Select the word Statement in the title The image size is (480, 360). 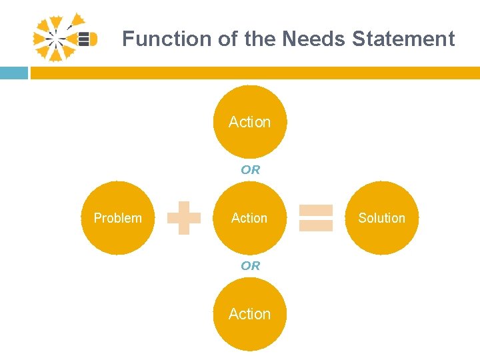[403, 39]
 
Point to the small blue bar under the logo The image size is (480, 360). [13, 73]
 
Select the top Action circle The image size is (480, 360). [250, 122]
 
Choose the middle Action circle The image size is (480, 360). [250, 218]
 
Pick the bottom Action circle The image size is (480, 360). [250, 314]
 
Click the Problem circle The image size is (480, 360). [118, 218]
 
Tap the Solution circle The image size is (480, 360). [382, 218]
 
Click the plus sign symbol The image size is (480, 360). [184, 219]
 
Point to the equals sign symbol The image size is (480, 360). [316, 218]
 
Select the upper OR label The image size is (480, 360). [251, 170]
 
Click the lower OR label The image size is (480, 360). [251, 266]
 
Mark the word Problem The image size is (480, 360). [118, 218]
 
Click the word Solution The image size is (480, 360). [382, 218]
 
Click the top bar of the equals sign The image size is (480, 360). [316, 211]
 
